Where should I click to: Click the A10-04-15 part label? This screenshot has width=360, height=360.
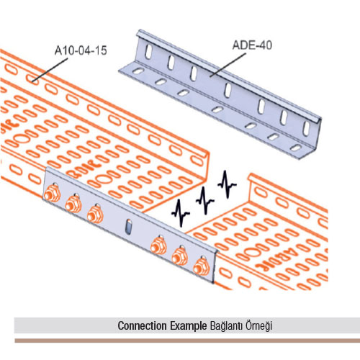pyautogui.click(x=81, y=50)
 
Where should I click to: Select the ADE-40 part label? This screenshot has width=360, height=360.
pyautogui.click(x=252, y=45)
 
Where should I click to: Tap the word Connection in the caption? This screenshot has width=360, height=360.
pyautogui.click(x=142, y=325)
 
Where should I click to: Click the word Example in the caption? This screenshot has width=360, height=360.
pyautogui.click(x=189, y=326)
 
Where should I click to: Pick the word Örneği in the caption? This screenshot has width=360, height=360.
pyautogui.click(x=258, y=326)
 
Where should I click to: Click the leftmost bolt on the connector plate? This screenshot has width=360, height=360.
pyautogui.click(x=52, y=193)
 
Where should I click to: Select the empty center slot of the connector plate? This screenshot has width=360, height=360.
pyautogui.click(x=129, y=226)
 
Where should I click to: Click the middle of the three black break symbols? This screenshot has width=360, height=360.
pyautogui.click(x=204, y=200)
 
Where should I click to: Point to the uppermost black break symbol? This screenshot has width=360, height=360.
pyautogui.click(x=227, y=184)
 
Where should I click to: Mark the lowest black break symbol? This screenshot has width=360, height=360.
pyautogui.click(x=181, y=213)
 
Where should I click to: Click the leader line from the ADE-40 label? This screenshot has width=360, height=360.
pyautogui.click(x=228, y=65)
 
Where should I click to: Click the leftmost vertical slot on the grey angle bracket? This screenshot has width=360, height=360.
pyautogui.click(x=149, y=52)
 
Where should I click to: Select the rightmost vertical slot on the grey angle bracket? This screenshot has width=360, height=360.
pyautogui.click(x=307, y=129)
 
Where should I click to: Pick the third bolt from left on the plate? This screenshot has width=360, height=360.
pyautogui.click(x=95, y=213)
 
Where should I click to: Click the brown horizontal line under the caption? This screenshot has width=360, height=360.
pyautogui.click(x=187, y=341)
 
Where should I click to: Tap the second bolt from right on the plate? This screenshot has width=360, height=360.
pyautogui.click(x=180, y=256)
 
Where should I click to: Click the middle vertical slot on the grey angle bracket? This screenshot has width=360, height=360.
pyautogui.click(x=228, y=90)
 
